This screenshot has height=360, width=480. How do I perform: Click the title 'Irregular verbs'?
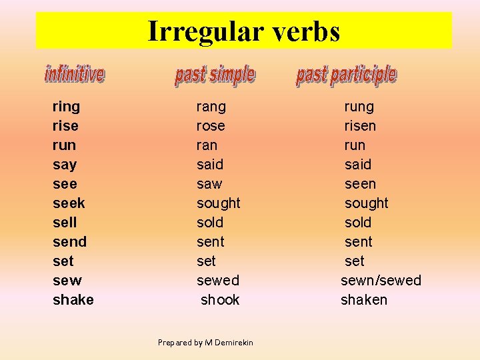pyautogui.click(x=243, y=31)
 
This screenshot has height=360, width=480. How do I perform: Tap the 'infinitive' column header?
pyautogui.click(x=75, y=74)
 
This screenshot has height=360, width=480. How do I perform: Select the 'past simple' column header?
pyautogui.click(x=215, y=75)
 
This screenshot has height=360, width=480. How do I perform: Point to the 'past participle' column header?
pyautogui.click(x=346, y=75)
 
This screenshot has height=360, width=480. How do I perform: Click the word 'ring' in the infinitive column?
pyautogui.click(x=66, y=107)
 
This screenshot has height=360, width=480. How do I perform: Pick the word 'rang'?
pyautogui.click(x=211, y=107)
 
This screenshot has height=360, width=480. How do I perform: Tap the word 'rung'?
pyautogui.click(x=359, y=107)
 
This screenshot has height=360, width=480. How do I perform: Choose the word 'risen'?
pyautogui.click(x=360, y=126)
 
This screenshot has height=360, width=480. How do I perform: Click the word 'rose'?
pyautogui.click(x=211, y=126)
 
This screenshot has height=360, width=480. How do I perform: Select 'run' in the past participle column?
pyautogui.click(x=355, y=145)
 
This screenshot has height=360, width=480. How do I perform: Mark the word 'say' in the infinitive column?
pyautogui.click(x=65, y=165)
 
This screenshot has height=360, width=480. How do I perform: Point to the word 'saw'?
pyautogui.click(x=209, y=184)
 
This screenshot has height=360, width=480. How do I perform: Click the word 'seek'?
pyautogui.click(x=69, y=203)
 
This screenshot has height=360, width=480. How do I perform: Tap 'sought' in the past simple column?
pyautogui.click(x=218, y=203)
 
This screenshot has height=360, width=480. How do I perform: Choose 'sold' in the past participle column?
pyautogui.click(x=358, y=223)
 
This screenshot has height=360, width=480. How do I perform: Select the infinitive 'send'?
pyautogui.click(x=69, y=242)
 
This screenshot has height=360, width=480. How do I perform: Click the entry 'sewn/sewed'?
pyautogui.click(x=381, y=281)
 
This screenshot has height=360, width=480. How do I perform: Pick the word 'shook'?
pyautogui.click(x=220, y=300)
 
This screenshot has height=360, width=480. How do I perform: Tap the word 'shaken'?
pyautogui.click(x=363, y=300)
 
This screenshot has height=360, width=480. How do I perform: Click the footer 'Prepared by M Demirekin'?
pyautogui.click(x=205, y=343)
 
